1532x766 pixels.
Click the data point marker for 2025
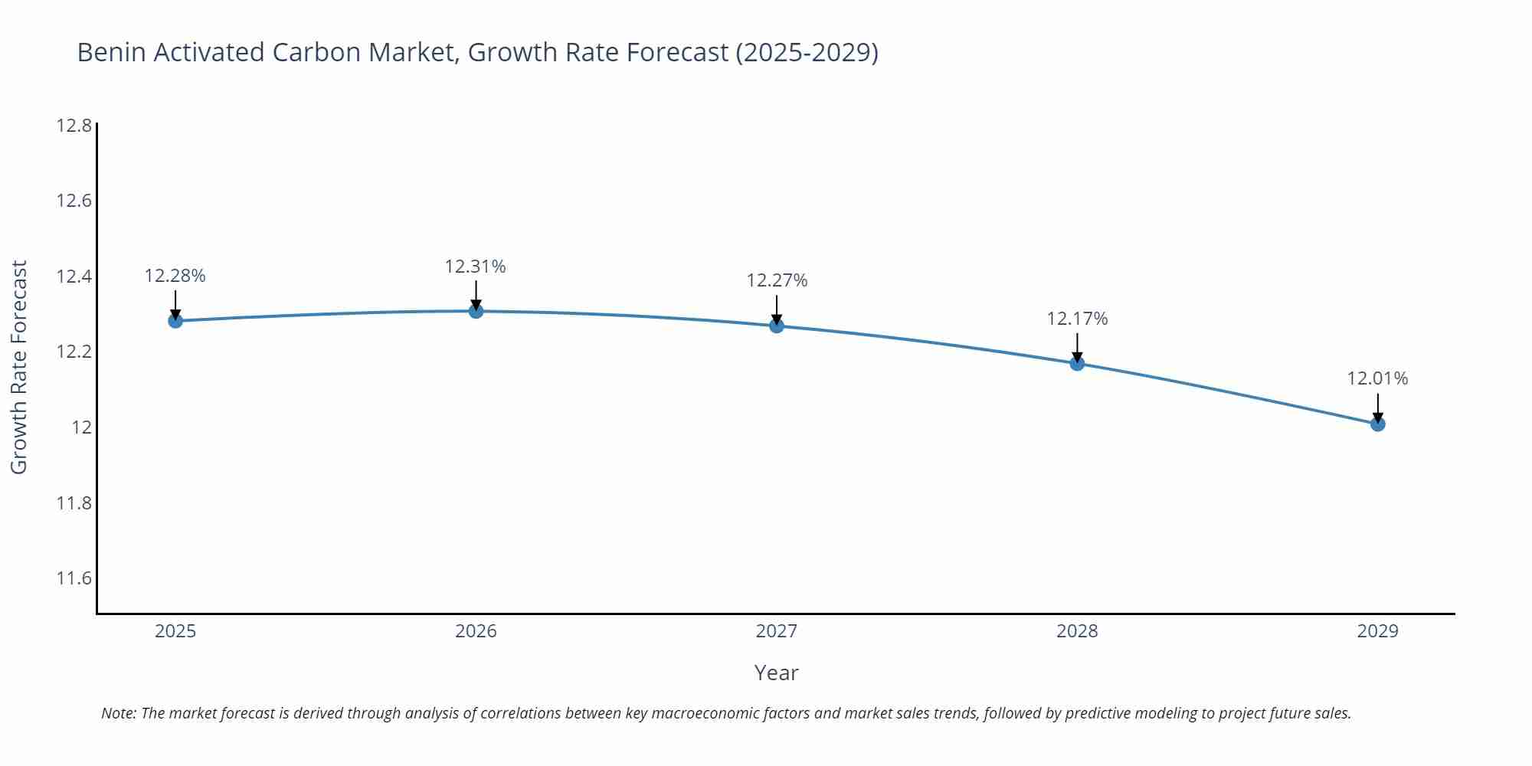click(x=175, y=320)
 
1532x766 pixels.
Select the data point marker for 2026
click(x=476, y=310)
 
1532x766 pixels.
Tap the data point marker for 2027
click(x=777, y=326)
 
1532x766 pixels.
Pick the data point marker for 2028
click(x=1077, y=363)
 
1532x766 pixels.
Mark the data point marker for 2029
click(x=1377, y=424)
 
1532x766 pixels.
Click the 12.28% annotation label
click(x=175, y=276)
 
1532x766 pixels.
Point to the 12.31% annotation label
click(x=476, y=267)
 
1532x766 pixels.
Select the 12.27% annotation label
click(x=777, y=280)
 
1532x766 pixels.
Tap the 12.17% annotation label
click(x=1077, y=319)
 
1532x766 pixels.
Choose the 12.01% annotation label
click(x=1377, y=378)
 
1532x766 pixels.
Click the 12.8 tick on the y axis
click(x=74, y=125)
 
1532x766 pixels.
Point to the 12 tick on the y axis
click(x=82, y=427)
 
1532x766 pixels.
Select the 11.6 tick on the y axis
click(x=74, y=578)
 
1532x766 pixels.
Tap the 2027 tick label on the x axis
click(x=777, y=631)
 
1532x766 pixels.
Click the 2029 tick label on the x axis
click(x=1377, y=631)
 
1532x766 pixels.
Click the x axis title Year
click(x=776, y=673)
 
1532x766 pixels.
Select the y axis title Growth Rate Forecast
click(x=18, y=367)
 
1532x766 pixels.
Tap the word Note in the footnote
click(x=118, y=713)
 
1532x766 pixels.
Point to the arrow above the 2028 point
click(x=1077, y=347)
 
